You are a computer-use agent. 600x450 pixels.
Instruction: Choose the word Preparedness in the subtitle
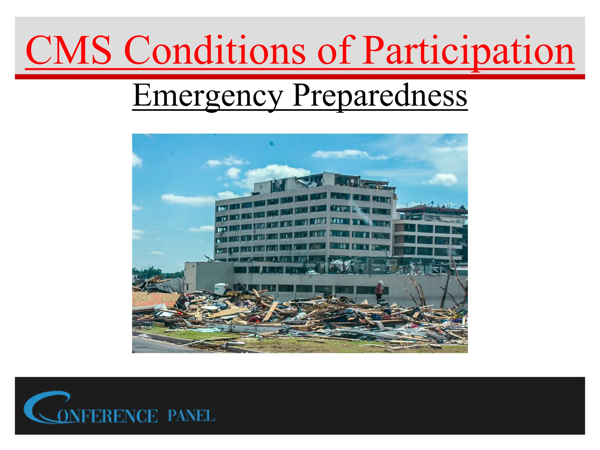point(380,96)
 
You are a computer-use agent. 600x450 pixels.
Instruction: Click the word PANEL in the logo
point(191,416)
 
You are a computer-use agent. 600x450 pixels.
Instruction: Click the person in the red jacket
point(379,290)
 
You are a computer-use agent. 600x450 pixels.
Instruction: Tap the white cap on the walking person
point(381,282)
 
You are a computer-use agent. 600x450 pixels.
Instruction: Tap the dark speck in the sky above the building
point(272,144)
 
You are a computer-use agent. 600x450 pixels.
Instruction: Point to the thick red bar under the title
point(300,77)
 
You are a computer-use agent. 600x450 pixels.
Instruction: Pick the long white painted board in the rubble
point(249,328)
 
